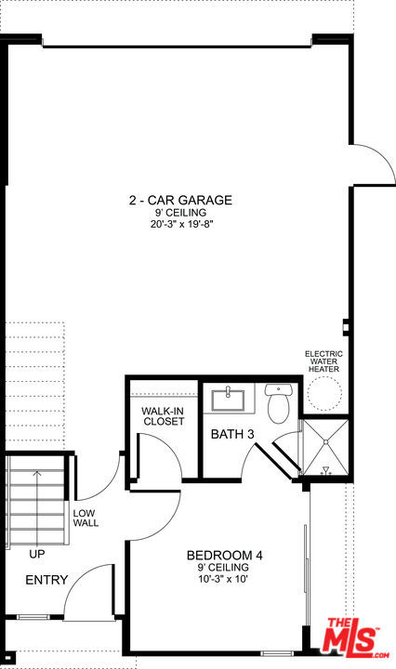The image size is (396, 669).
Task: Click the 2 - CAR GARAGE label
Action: [x=180, y=200]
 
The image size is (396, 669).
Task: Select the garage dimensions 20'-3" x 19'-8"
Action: [x=180, y=224]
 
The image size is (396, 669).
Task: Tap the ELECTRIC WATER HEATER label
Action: [x=324, y=361]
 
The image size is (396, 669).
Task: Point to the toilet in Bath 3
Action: [x=278, y=402]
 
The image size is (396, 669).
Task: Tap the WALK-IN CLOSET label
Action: [x=164, y=415]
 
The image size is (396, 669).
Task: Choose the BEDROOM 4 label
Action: [x=225, y=556]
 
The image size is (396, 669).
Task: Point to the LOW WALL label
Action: [x=85, y=518]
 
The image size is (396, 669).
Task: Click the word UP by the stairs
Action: [x=37, y=554]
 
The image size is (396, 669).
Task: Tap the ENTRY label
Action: [x=46, y=580]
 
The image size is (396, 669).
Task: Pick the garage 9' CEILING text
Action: [x=180, y=212]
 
